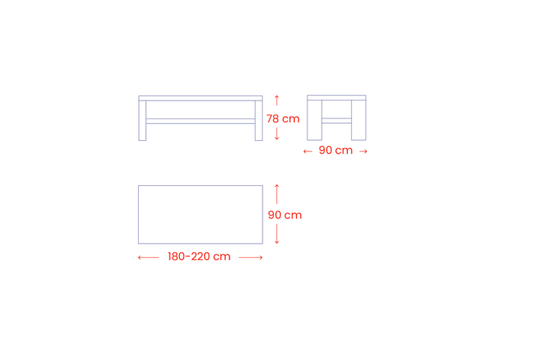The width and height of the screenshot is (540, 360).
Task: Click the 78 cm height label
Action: [283, 118]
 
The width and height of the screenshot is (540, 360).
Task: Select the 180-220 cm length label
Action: [199, 256]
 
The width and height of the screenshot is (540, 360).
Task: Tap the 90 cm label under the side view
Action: [335, 151]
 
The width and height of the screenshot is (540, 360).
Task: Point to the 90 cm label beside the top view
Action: [285, 215]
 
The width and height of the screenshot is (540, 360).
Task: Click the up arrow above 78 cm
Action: [277, 100]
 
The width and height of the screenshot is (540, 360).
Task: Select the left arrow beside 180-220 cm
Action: [148, 257]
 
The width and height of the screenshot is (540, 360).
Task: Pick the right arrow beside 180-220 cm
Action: [250, 257]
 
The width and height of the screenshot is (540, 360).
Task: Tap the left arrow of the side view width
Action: [307, 151]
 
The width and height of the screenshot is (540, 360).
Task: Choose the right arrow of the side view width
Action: [363, 151]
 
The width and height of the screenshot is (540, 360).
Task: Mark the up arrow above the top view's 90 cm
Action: [277, 194]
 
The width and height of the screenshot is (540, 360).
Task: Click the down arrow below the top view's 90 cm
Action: [277, 234]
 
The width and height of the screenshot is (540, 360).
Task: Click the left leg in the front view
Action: [142, 121]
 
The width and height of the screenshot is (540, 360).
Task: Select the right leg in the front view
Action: [259, 121]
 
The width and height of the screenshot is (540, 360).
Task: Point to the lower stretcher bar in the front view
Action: [200, 121]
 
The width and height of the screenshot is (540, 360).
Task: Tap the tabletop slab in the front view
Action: [200, 98]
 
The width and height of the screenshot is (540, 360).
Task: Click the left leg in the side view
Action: [314, 120]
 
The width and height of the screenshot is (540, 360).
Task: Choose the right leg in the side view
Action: [358, 120]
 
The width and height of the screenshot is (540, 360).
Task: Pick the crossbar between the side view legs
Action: [337, 121]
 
